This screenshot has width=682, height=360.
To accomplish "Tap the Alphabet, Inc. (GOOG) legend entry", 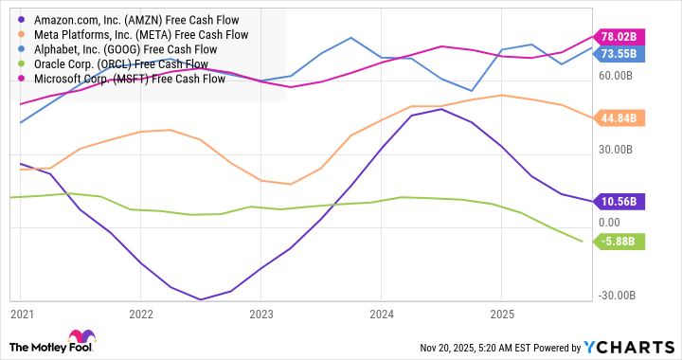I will click(x=123, y=49).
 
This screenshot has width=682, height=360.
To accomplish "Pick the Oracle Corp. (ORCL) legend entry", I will click(x=118, y=64).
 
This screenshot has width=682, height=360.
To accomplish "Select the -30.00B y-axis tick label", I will click(x=619, y=296).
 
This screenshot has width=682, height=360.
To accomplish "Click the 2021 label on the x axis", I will click(x=21, y=313).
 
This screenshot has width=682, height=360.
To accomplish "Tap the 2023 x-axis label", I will click(x=261, y=313).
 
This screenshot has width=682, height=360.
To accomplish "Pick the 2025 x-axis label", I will click(x=502, y=313).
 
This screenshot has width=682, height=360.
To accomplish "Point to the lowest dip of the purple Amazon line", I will click(x=201, y=299).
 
